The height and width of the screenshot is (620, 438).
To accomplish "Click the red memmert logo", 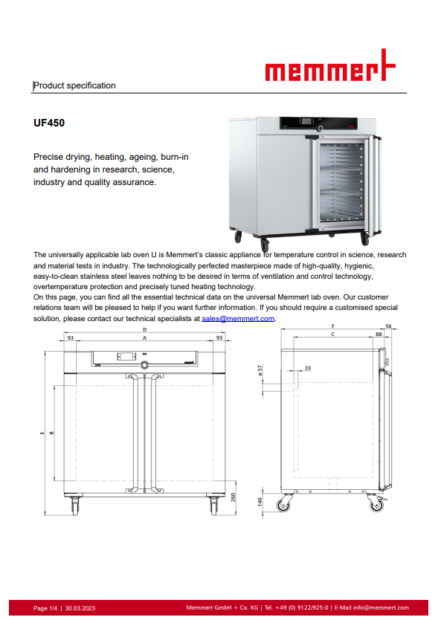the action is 330,65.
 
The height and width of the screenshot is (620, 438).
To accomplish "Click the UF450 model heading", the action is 49,123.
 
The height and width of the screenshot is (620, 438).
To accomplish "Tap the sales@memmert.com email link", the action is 238,319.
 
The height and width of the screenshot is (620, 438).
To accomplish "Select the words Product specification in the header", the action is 75,85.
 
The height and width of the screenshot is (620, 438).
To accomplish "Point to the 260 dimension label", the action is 233,497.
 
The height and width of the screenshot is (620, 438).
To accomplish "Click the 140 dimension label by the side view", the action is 260,502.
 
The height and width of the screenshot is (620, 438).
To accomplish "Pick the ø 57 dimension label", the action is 260,370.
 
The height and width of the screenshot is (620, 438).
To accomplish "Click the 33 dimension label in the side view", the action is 308,368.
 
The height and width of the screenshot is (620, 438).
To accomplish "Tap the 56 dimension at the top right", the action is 388,326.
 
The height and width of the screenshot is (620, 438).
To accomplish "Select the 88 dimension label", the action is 379,334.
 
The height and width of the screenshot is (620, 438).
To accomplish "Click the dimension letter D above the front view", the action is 145,329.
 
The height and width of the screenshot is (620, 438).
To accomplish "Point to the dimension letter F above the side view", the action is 333,326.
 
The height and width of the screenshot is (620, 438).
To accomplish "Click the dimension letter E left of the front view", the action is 42,433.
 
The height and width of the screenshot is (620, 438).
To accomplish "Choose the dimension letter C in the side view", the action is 333,334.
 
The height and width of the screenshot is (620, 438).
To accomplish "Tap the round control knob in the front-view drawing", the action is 145,365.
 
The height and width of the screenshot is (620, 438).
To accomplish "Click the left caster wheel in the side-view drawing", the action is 283,504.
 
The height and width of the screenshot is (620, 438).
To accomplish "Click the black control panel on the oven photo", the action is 318,123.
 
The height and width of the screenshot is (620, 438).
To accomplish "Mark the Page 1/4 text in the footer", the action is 45,608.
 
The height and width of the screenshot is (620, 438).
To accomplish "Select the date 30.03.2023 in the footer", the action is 80,608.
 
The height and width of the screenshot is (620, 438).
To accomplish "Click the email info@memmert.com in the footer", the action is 381,607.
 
